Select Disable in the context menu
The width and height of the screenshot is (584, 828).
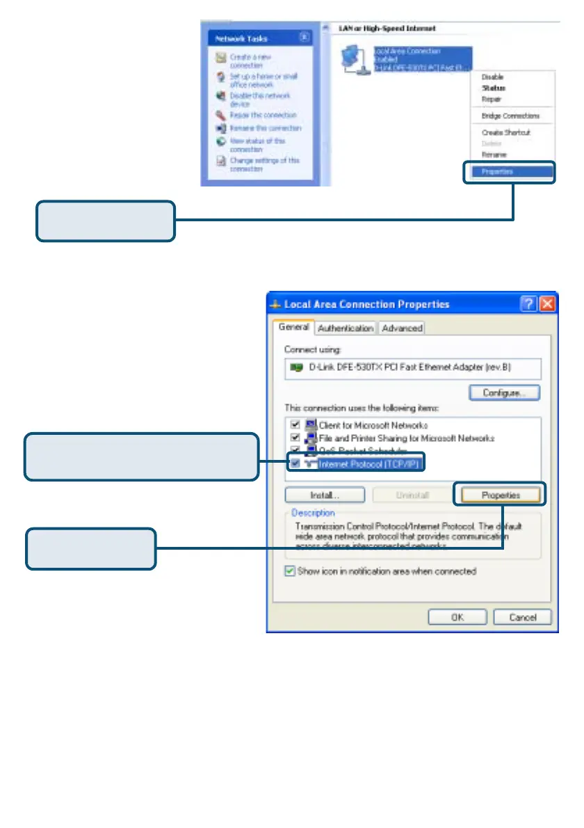[492, 77]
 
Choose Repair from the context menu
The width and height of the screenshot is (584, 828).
[492, 99]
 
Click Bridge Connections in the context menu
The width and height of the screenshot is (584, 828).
[510, 116]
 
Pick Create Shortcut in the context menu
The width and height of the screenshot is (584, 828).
[505, 132]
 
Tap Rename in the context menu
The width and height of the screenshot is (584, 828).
[494, 154]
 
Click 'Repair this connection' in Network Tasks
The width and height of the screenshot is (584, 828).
[263, 115]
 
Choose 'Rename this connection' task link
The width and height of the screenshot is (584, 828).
[266, 128]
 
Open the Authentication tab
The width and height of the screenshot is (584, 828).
[346, 328]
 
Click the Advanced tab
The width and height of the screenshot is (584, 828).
[402, 328]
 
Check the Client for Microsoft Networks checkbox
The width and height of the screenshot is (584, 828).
[295, 425]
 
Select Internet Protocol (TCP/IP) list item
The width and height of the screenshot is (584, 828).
[369, 463]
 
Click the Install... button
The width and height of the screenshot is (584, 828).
[325, 495]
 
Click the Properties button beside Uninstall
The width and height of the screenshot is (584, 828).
[501, 495]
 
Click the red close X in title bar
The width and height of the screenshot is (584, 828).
[547, 304]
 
